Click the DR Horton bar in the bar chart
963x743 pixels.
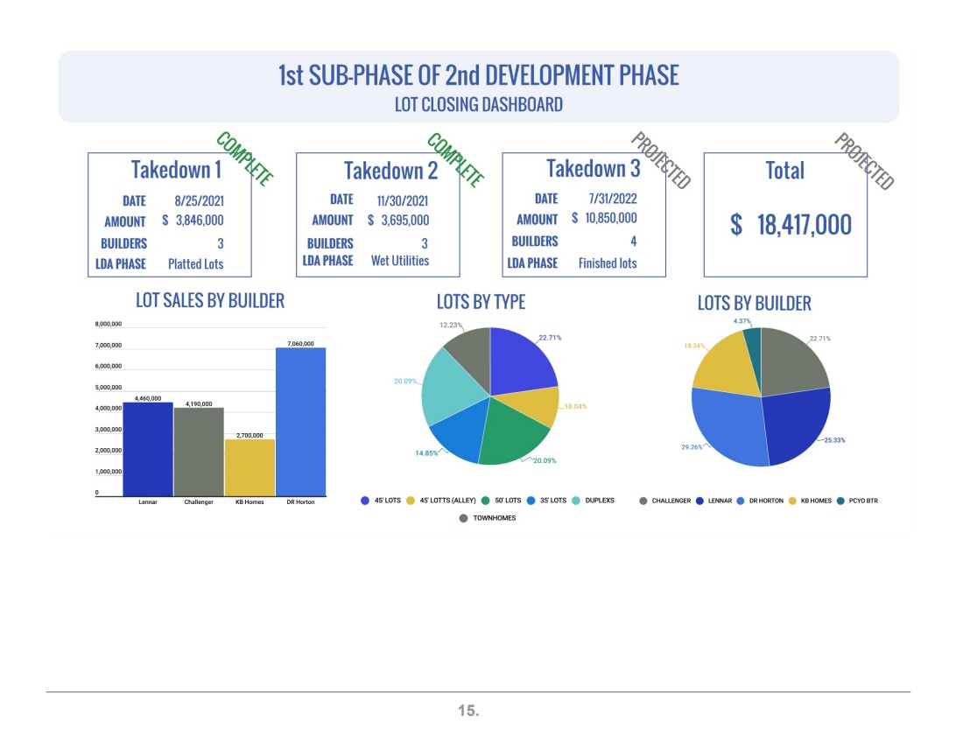pyautogui.click(x=301, y=422)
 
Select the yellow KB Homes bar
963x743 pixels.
pyautogui.click(x=250, y=468)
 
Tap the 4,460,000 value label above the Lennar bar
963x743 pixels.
pyautogui.click(x=148, y=398)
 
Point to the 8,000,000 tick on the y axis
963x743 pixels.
pyautogui.click(x=108, y=324)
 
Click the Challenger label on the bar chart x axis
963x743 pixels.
pyautogui.click(x=199, y=502)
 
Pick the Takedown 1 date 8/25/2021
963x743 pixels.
pyautogui.click(x=199, y=200)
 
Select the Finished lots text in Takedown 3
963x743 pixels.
pyautogui.click(x=608, y=263)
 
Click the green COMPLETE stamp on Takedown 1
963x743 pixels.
pyautogui.click(x=244, y=158)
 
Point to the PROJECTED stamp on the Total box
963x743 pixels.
pyautogui.click(x=863, y=161)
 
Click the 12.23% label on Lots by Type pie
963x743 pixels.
pyautogui.click(x=450, y=326)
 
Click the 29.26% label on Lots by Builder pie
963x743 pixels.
pyautogui.click(x=692, y=447)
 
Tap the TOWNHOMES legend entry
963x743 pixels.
pyautogui.click(x=488, y=518)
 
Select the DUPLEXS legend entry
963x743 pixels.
pyautogui.click(x=594, y=501)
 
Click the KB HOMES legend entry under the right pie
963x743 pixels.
pyautogui.click(x=810, y=501)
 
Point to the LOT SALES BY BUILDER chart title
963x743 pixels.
pyautogui.click(x=210, y=300)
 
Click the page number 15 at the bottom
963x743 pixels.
pyautogui.click(x=468, y=711)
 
